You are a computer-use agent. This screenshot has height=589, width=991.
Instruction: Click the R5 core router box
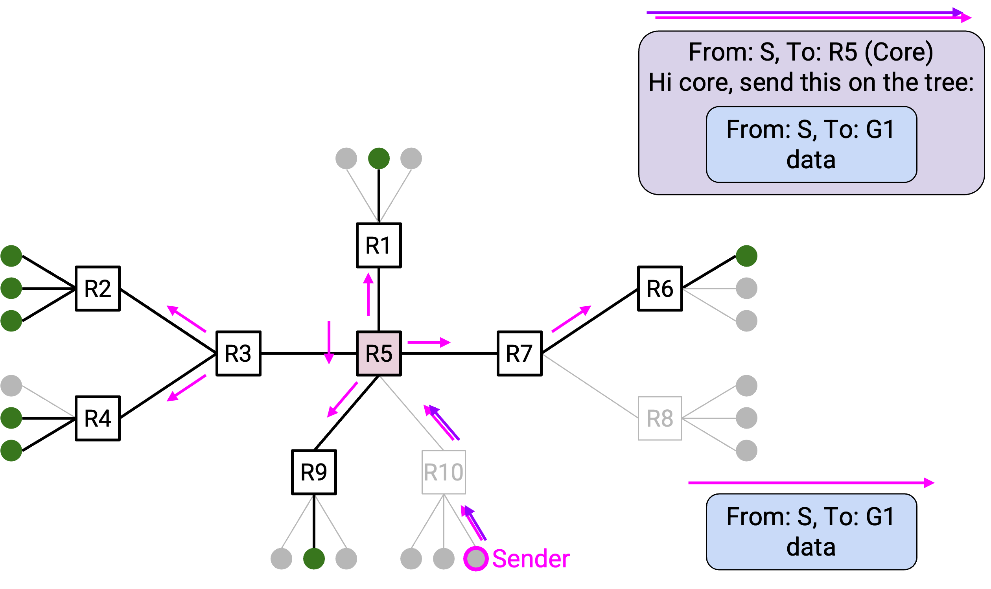[379, 353]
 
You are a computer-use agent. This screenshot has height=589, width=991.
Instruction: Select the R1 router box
[379, 245]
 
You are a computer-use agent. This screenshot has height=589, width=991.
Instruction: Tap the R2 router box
[98, 289]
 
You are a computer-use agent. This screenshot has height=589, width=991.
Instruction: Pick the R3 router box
[238, 353]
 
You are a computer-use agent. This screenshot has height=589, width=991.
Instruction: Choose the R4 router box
[98, 418]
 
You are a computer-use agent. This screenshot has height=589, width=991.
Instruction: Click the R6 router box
[659, 289]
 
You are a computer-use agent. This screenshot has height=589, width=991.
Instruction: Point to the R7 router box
[519, 353]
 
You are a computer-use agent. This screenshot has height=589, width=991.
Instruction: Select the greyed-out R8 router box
[659, 418]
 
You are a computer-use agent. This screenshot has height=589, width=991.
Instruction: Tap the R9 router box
[314, 472]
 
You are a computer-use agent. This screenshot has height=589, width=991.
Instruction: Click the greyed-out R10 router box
[443, 472]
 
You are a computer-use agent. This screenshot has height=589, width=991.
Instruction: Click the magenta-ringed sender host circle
[476, 559]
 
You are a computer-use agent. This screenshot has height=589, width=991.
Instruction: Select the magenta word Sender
[530, 559]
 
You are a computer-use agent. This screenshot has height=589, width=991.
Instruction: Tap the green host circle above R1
[379, 159]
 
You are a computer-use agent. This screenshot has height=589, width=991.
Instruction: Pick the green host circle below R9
[314, 559]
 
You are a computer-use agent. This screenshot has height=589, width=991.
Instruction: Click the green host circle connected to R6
[746, 256]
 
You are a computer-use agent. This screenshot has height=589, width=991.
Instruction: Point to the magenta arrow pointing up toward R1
[368, 294]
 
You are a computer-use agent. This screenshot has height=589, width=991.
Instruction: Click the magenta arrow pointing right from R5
[429, 342]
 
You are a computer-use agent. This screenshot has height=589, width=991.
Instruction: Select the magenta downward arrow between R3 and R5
[329, 342]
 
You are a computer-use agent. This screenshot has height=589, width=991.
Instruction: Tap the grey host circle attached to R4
[11, 386]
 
